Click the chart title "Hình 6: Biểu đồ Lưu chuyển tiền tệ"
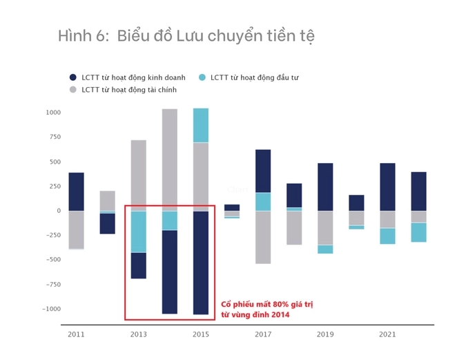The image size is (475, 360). coord(186,36)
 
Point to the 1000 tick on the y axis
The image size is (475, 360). coord(53,113)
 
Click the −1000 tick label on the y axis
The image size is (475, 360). coord(51,309)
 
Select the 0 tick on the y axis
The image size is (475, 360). coord(58,211)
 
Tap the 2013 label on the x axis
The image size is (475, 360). coord(138,334)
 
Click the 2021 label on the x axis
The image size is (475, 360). coord(387,334)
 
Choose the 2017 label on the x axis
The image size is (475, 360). coord(263,334)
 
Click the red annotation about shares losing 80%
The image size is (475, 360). coord(255,310)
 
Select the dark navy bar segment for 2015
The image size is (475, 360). coord(201,263)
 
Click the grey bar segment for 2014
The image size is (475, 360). coord(169,160)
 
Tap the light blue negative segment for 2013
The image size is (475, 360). coord(138,231)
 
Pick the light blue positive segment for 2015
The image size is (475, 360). coord(201,125)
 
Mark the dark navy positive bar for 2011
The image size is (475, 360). coord(76,191)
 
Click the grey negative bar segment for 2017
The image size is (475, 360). coord(263,237)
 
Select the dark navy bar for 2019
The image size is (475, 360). coord(325,187)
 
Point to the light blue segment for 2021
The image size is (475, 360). coord(387,236)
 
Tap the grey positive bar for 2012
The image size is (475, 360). coord(107,200)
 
